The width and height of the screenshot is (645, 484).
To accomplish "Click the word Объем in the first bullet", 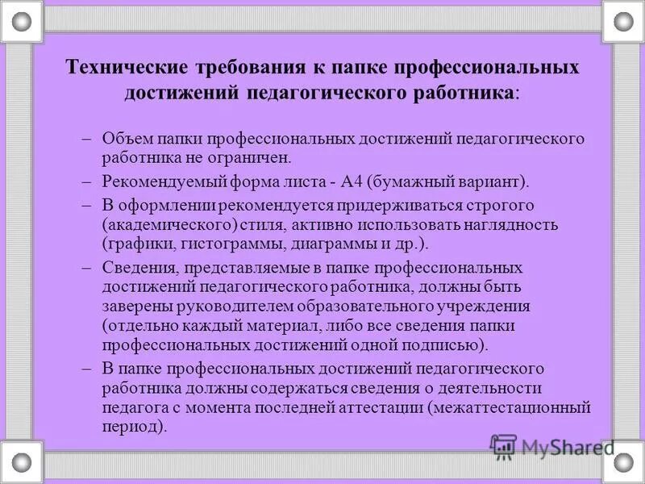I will [x=127, y=138].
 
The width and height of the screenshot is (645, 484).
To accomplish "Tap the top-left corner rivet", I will [x=22, y=21].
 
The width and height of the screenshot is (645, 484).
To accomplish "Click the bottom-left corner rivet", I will [x=22, y=462].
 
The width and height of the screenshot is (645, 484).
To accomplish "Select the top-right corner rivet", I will [x=623, y=21].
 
